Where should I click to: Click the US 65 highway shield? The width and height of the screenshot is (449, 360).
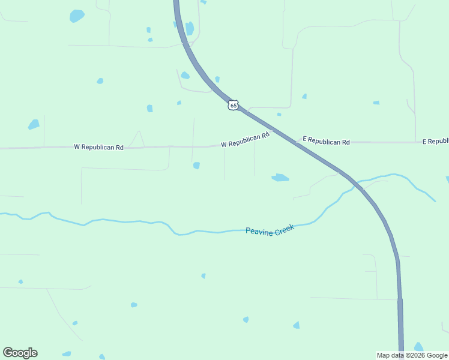(233, 105)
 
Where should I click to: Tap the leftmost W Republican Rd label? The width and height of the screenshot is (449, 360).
(99, 146)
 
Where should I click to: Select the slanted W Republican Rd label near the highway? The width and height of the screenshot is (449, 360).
(245, 140)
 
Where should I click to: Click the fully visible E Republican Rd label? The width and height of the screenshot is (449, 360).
(326, 142)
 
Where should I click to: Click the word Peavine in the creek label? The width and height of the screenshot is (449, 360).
(259, 230)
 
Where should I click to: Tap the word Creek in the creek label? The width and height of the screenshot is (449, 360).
(285, 228)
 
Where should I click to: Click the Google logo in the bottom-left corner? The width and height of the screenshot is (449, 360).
(20, 352)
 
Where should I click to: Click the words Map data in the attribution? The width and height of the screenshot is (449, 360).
(390, 355)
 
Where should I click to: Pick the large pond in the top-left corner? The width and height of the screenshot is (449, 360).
(77, 16)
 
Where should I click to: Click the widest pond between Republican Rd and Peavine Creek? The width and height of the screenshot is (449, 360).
(280, 178)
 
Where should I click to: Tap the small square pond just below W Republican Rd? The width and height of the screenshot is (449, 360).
(196, 166)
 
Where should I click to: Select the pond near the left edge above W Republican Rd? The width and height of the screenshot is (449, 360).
(34, 125)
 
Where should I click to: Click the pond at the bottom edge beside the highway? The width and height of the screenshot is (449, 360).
(418, 347)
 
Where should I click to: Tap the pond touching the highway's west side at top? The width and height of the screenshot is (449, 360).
(189, 28)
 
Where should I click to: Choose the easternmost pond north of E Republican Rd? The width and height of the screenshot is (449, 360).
(376, 103)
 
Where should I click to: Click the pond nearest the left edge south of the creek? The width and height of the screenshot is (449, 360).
(20, 281)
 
